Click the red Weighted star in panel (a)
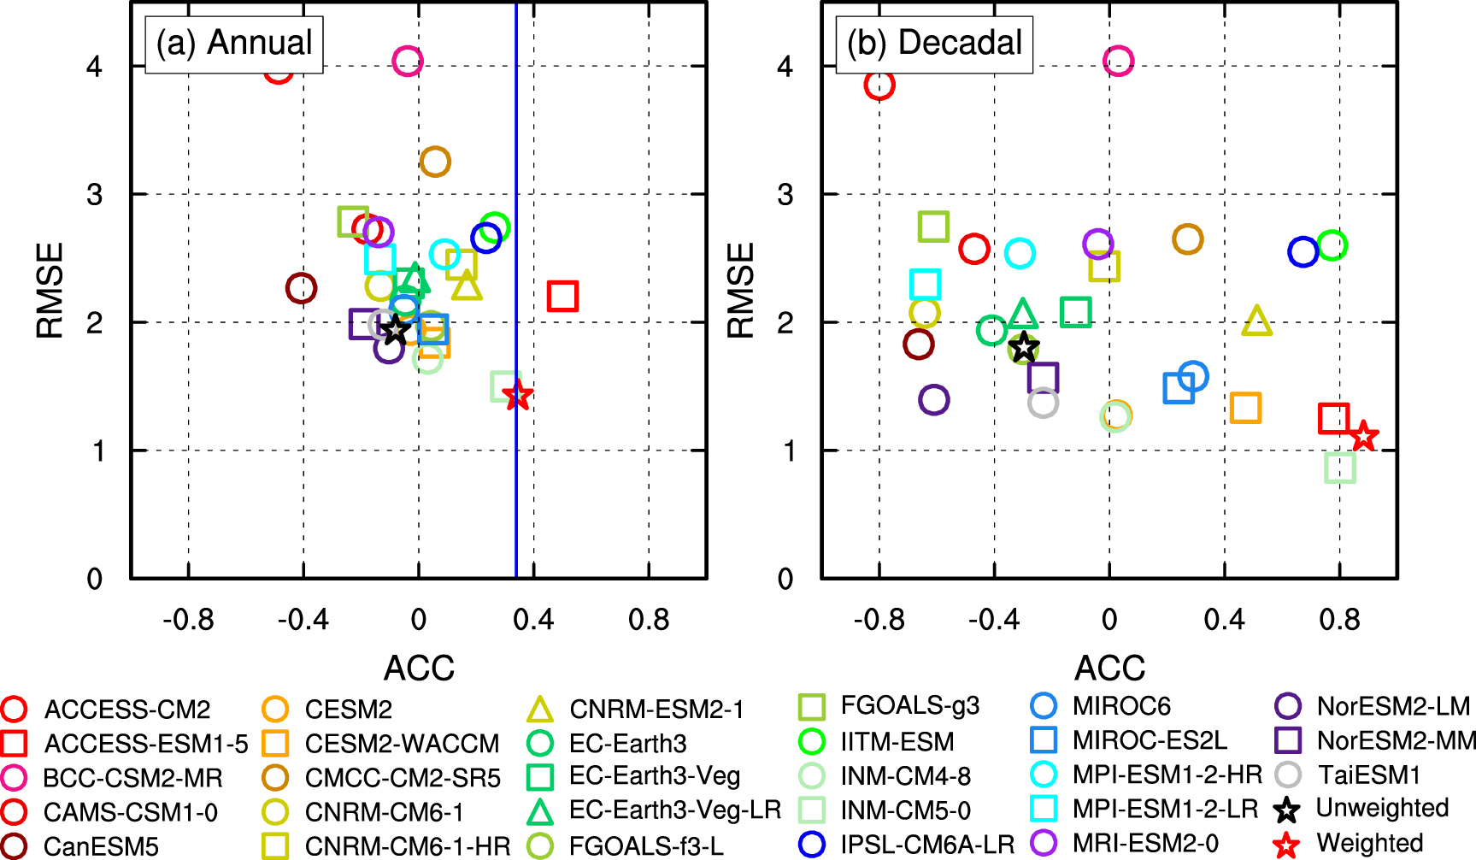(518, 395)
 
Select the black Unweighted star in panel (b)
(1023, 347)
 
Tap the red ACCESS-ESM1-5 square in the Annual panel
(562, 296)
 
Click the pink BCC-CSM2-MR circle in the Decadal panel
(1118, 61)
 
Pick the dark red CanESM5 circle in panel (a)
(301, 288)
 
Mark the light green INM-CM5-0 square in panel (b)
(1340, 467)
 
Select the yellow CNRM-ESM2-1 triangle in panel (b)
(1256, 321)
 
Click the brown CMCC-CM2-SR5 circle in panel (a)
(435, 161)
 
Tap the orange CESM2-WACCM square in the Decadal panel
(1245, 408)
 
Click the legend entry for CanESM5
(101, 846)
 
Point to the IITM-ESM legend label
(897, 741)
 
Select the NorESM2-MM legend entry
(1395, 740)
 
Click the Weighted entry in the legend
(1369, 843)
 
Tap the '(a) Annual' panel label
(234, 43)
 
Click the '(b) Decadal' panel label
(934, 43)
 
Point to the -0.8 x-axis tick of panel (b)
(879, 619)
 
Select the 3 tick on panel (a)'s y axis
(95, 194)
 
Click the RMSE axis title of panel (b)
(741, 291)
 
